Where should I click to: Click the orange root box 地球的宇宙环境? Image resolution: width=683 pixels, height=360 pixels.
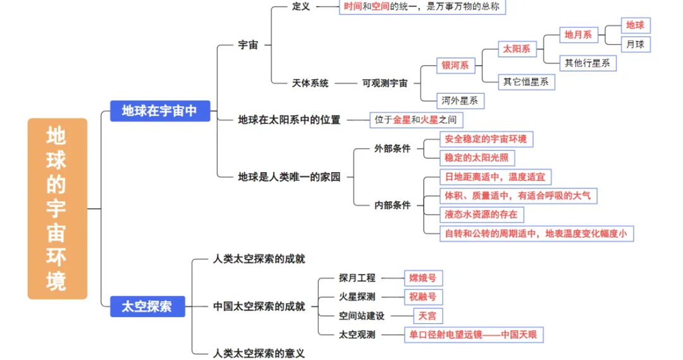tap(57, 208)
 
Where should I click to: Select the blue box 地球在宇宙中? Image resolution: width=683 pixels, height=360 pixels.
tap(160, 111)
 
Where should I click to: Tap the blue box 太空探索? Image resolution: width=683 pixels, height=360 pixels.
tap(147, 306)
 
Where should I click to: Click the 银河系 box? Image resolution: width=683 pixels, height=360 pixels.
tap(455, 65)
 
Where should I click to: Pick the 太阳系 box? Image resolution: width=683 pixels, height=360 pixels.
tap(517, 49)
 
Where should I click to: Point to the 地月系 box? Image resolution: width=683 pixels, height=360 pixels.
tap(578, 35)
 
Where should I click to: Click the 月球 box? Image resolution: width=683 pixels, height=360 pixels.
tap(635, 44)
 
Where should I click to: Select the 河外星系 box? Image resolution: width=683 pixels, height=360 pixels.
tap(460, 100)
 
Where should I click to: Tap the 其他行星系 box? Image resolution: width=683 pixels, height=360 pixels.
tap(588, 63)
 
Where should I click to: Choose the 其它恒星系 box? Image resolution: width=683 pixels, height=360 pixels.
tap(526, 82)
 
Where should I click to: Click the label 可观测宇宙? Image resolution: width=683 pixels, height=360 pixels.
tap(385, 83)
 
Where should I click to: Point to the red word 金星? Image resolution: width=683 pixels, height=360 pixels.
tap(402, 120)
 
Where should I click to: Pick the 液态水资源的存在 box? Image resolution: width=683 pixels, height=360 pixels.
tap(481, 214)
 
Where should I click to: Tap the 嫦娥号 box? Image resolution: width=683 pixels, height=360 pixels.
tap(422, 278)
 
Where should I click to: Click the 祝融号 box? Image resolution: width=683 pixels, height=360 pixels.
tap(422, 297)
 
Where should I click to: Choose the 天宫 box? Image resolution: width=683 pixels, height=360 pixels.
tap(428, 316)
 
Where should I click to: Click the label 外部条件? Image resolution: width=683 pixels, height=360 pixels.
tap(392, 148)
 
